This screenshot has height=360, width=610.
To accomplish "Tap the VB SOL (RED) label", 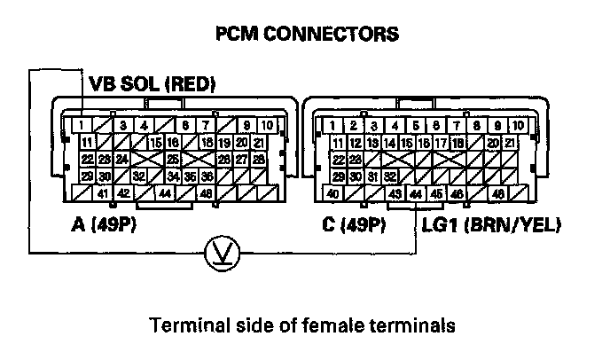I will coord(152,84).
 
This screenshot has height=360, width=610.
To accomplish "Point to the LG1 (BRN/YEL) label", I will coord(492,224).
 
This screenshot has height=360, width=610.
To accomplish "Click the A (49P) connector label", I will coord(109,224).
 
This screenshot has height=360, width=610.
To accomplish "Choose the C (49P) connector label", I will coord(353,224).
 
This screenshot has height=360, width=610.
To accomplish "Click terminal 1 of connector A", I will coord(81,125).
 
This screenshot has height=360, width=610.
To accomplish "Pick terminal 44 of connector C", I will coord(417,194).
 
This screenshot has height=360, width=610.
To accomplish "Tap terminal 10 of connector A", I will coord(266,125).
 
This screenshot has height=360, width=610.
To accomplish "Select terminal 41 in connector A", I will coord(103,194).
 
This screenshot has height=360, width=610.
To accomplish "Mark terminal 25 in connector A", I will coord(173,160).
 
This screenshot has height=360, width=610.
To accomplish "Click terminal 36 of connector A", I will coord(207,176).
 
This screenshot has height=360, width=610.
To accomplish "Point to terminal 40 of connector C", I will coord(333,194).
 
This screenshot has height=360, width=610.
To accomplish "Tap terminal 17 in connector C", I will coord(441,143).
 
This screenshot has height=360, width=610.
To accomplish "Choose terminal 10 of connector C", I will coord(518,125).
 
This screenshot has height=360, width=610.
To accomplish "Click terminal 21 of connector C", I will coord(510,143).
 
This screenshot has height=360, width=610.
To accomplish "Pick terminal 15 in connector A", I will coord(155,143).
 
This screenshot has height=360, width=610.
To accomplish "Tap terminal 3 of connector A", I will coord(123,125).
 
